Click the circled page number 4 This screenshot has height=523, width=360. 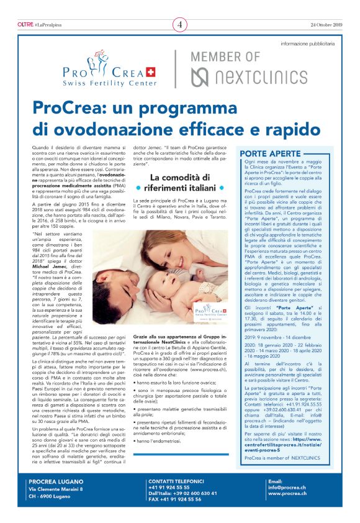(x=180, y=25)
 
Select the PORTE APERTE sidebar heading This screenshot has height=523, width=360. (x=268, y=153)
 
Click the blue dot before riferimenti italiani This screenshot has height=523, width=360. (x=139, y=188)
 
